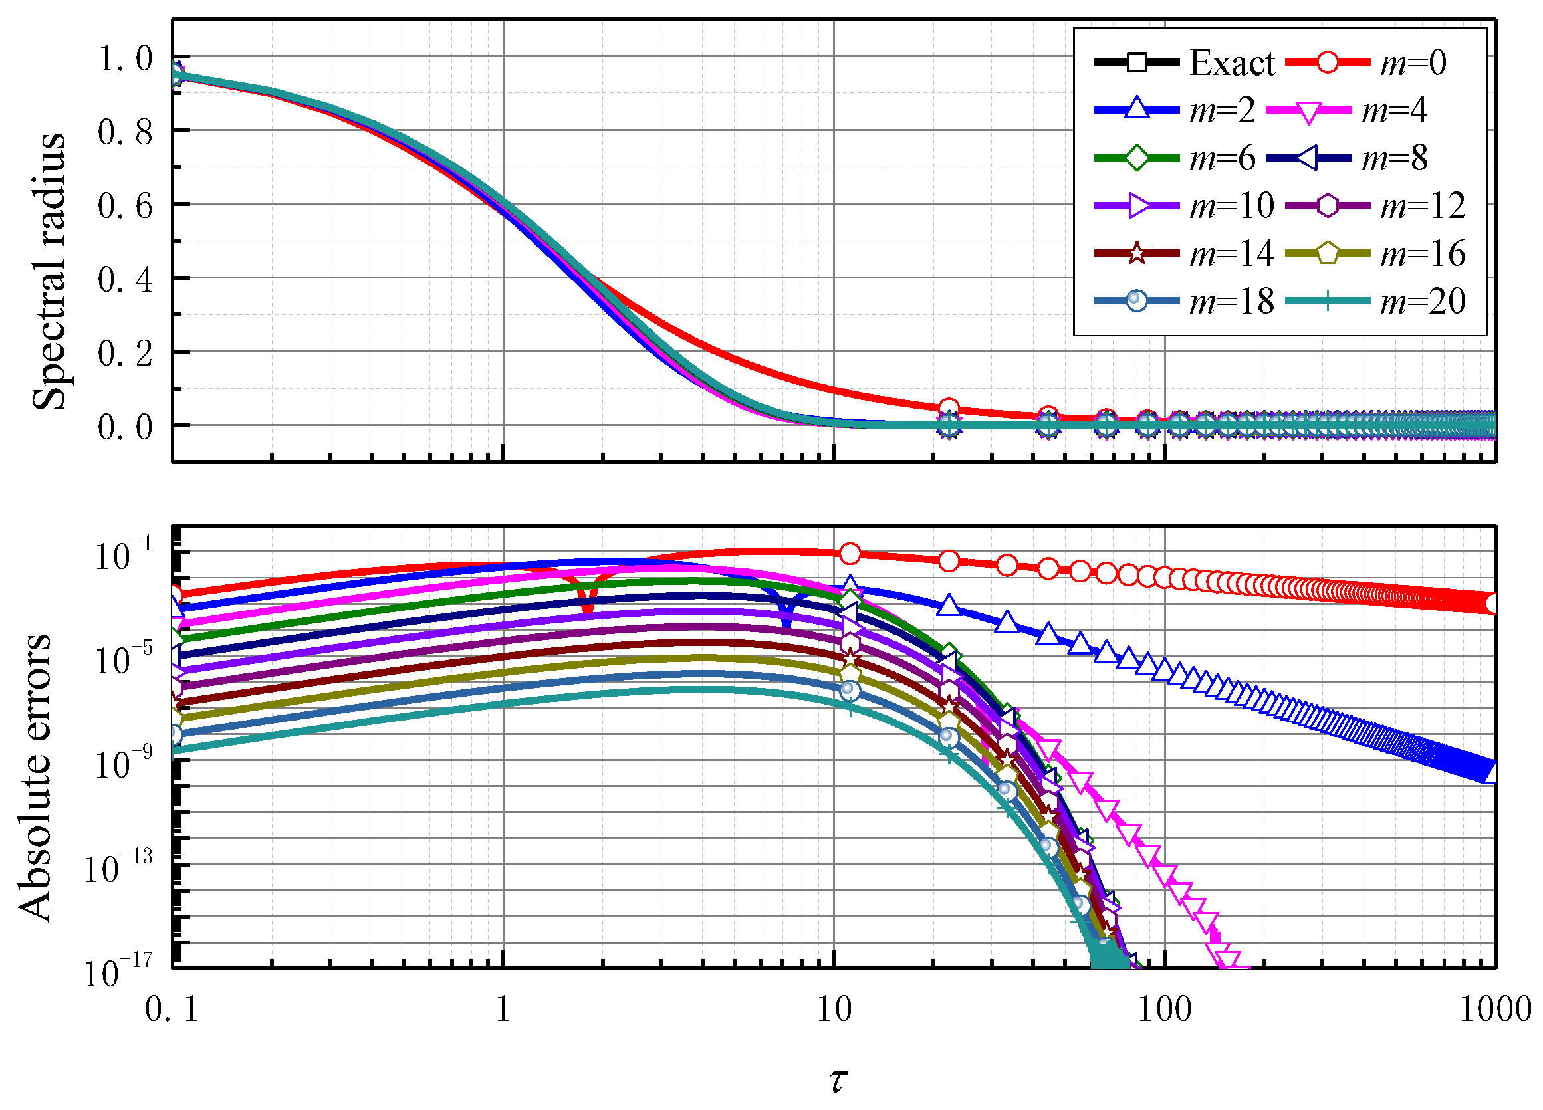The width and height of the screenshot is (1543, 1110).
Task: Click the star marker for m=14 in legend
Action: [1136, 253]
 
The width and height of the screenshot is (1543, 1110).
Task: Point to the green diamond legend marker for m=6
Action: [1136, 158]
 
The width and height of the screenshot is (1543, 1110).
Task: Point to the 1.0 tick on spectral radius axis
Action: [126, 58]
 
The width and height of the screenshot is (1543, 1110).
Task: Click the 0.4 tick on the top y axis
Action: [126, 280]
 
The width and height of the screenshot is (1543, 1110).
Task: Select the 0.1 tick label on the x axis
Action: [172, 1010]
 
